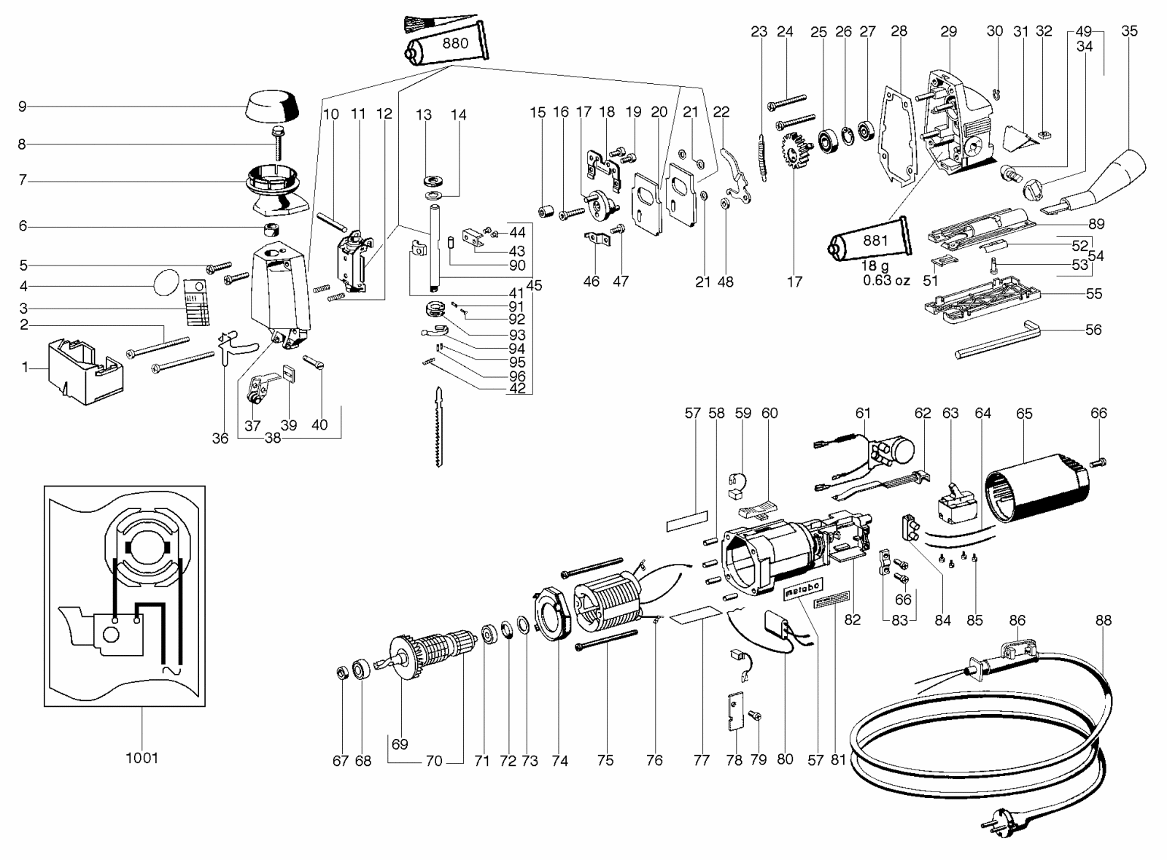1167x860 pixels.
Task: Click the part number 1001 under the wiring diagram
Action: pos(141,758)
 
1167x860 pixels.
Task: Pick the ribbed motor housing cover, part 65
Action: pos(1036,487)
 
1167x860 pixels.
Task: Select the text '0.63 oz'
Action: pos(886,281)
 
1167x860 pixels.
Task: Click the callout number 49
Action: pos(1084,31)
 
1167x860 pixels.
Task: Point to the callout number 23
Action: pos(759,32)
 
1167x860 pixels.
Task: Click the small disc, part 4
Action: pos(166,282)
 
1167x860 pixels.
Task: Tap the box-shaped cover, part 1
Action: pos(86,371)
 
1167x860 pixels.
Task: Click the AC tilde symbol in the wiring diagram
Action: pos(171,670)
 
